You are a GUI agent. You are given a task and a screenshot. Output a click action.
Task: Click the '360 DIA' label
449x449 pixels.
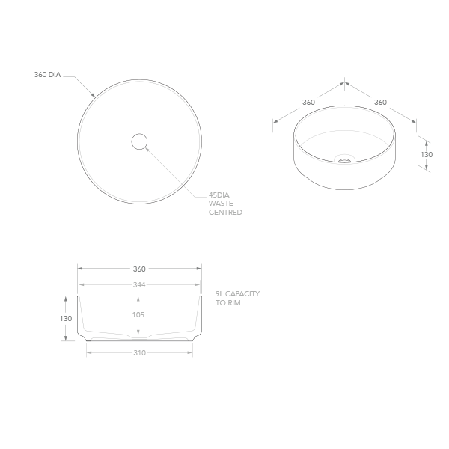coord(47,75)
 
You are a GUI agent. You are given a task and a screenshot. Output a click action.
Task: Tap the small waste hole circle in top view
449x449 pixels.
coord(139,141)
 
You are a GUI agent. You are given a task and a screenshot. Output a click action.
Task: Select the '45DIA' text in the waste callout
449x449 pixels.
coord(219,195)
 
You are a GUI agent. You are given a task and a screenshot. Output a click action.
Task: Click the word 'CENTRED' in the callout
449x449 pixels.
coord(225,213)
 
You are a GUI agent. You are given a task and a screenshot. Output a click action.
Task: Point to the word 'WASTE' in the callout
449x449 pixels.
coord(221,204)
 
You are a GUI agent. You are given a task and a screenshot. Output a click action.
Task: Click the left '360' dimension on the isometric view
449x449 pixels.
coord(308,102)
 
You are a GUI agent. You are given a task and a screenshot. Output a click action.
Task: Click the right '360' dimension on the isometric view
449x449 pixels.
coord(380,102)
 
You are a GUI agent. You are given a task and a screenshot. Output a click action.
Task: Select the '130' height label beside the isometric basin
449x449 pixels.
coord(426,154)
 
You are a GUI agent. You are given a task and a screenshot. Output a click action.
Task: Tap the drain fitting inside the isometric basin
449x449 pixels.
coord(344,159)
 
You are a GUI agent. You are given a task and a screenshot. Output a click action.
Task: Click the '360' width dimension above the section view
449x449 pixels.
coord(139,269)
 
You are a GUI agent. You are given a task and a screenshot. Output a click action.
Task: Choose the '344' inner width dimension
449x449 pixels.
coord(139,285)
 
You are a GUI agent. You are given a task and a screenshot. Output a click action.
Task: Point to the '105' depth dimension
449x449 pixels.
coord(138,315)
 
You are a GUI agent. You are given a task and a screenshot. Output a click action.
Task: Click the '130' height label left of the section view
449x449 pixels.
coord(66,318)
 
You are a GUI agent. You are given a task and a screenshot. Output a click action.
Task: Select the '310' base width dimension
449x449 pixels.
coord(139,352)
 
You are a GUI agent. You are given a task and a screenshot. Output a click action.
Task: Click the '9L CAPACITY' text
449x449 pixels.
coord(237,294)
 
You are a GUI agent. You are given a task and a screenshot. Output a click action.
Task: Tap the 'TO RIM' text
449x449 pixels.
coord(227,303)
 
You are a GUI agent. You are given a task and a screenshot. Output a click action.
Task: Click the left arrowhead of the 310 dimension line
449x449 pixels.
coord(89,352)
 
